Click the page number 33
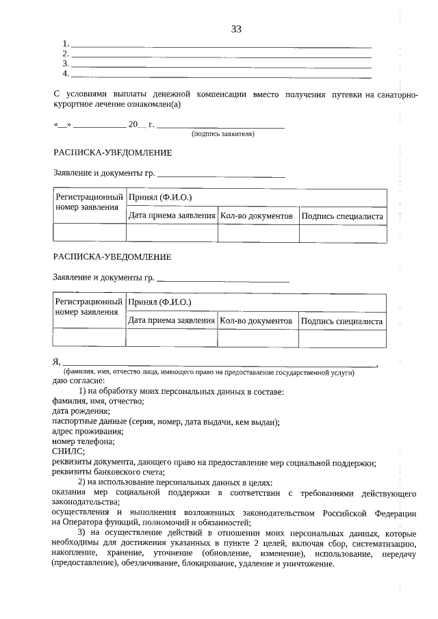(x=236, y=29)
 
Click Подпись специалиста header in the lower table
(x=342, y=321)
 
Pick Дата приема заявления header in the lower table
(x=171, y=321)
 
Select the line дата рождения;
(x=80, y=411)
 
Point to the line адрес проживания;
(x=87, y=431)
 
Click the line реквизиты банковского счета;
(x=108, y=471)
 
